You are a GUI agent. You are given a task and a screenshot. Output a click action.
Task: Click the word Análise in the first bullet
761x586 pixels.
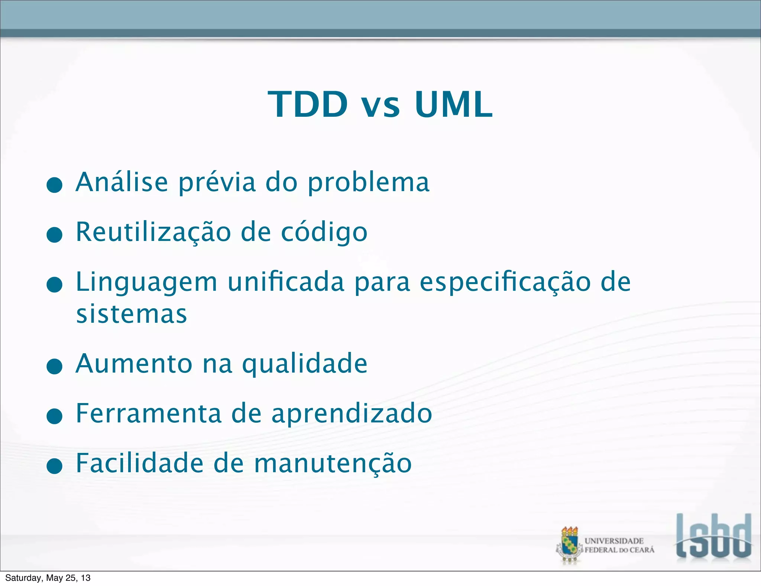tap(122, 182)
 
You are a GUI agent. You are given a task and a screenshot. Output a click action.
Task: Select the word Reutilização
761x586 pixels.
tap(153, 232)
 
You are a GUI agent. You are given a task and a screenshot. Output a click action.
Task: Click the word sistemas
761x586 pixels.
tap(132, 315)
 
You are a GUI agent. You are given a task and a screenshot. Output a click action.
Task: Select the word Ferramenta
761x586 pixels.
tap(149, 413)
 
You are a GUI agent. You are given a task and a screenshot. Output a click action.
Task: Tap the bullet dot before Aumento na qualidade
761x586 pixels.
tap(55, 366)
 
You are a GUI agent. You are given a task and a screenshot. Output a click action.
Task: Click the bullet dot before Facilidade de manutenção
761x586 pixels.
tap(55, 466)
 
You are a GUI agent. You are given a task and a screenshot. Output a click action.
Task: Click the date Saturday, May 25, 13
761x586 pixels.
tap(48, 578)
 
